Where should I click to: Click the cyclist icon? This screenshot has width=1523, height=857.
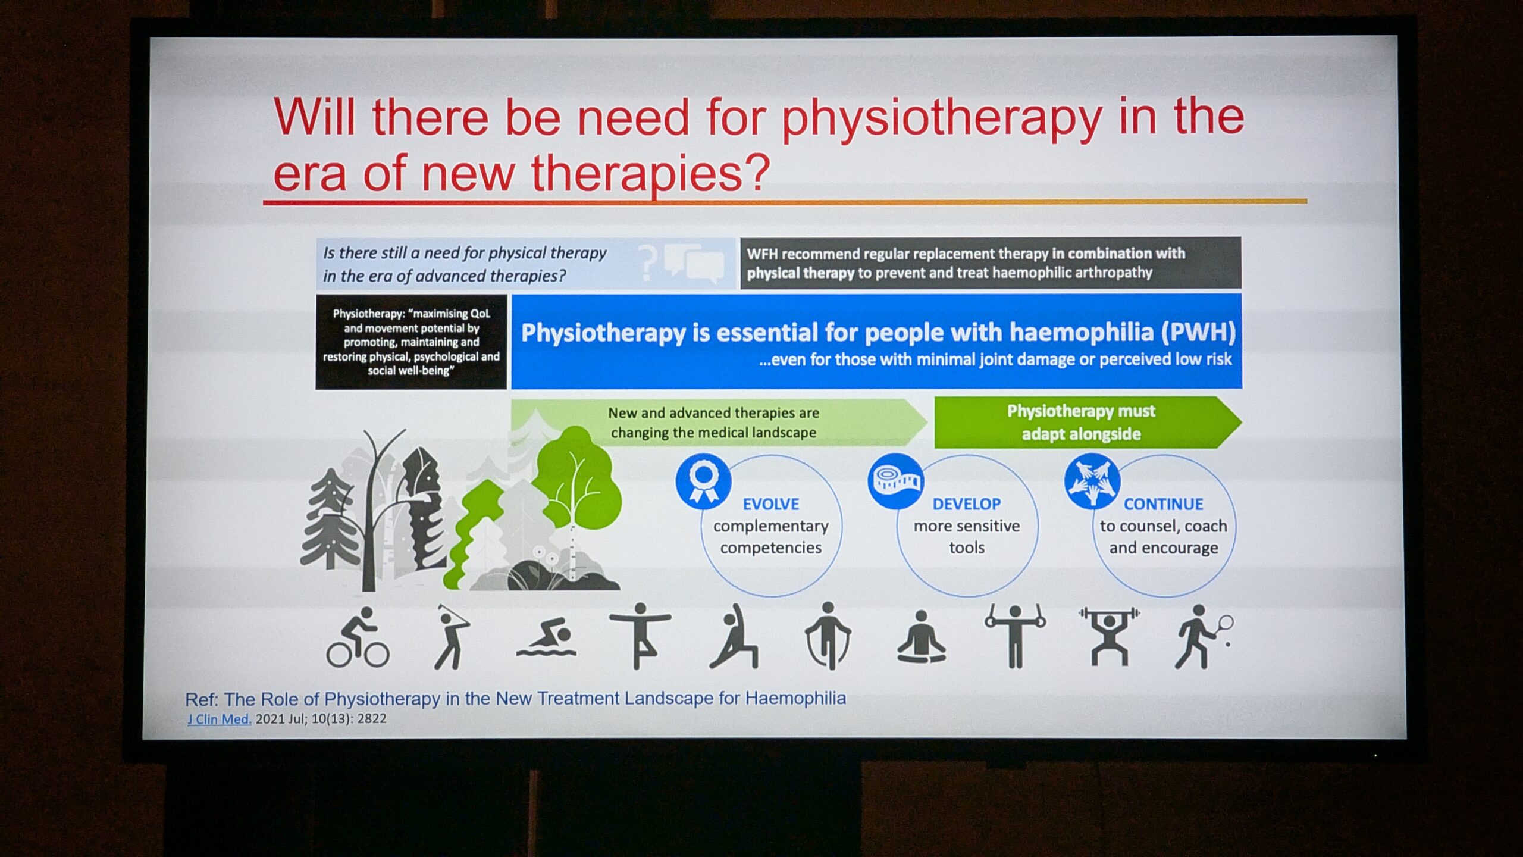point(358,637)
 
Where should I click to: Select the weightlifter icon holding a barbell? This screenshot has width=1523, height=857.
point(1109,636)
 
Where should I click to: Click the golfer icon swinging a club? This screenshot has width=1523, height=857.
point(452,637)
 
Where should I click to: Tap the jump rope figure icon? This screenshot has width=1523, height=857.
point(828,636)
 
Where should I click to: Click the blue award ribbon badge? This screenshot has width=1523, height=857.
point(703,481)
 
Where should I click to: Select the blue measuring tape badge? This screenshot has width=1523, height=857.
point(895,481)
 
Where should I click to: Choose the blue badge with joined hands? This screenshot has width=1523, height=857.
point(1092,481)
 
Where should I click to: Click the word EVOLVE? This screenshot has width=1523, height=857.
point(770,504)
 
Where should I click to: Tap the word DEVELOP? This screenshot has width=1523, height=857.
point(967,504)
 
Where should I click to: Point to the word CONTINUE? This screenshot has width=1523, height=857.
point(1163,504)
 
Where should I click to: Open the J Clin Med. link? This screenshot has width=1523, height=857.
point(220,719)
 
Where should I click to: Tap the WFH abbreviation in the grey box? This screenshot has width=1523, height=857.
point(761,254)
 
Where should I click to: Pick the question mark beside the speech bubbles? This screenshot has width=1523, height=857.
point(648,263)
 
